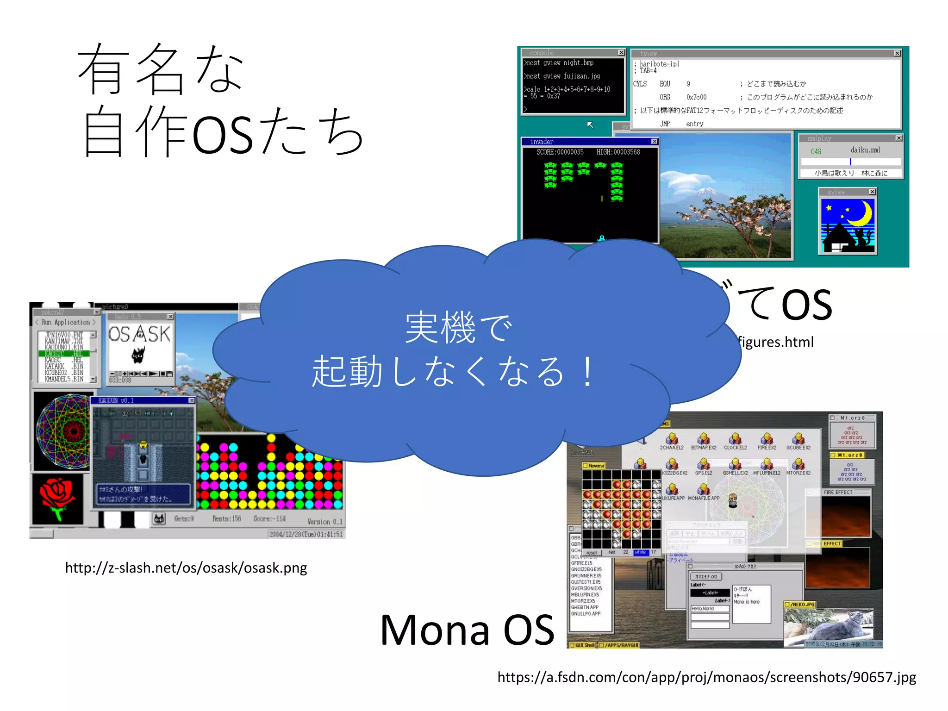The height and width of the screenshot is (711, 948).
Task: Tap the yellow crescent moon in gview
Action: point(861,214)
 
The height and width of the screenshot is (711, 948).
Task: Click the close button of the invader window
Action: point(654,141)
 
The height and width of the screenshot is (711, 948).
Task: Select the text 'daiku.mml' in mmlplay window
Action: point(865,150)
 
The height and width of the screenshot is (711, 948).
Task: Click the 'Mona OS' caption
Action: point(467,630)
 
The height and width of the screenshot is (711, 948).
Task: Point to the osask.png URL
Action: point(186,568)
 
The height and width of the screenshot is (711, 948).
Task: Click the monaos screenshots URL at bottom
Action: point(706,677)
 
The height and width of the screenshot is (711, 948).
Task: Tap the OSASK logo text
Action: point(139,334)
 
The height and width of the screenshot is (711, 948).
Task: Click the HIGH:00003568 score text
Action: point(618,152)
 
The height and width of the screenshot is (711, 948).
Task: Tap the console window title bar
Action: point(569,53)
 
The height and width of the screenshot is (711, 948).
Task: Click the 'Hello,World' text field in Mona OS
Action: point(709,609)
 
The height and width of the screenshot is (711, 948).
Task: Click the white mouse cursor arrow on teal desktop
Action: point(590,125)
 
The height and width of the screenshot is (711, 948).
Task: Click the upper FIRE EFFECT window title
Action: point(838,492)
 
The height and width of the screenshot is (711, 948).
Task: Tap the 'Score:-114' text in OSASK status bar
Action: point(269,519)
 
